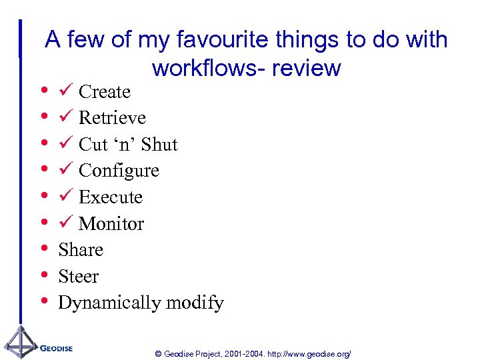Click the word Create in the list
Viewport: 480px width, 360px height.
click(x=104, y=91)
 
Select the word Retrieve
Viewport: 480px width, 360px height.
click(x=112, y=118)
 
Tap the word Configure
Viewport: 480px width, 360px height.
click(x=119, y=171)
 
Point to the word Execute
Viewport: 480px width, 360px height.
click(x=110, y=197)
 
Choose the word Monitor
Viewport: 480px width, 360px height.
click(x=111, y=224)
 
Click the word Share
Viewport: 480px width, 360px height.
click(x=81, y=250)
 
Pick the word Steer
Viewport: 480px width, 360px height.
click(x=79, y=277)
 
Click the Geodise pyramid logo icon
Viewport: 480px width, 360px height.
click(x=20, y=343)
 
